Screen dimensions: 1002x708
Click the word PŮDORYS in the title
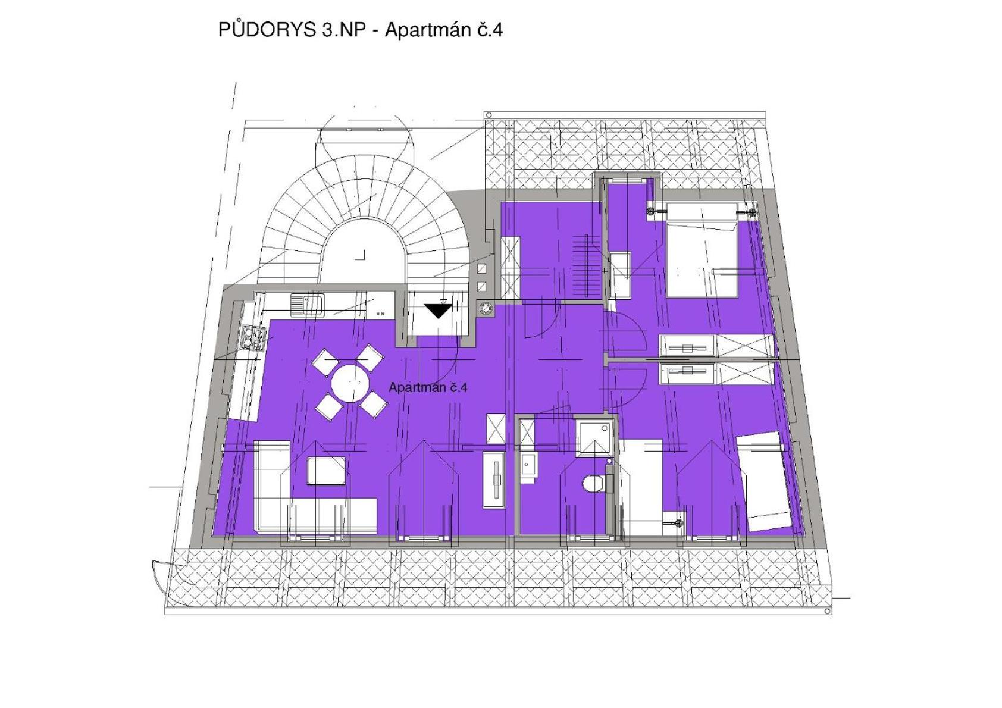click(267, 29)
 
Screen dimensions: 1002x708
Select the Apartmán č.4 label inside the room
click(428, 387)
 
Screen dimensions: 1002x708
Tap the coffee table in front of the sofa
click(325, 471)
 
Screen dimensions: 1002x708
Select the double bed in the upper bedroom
click(702, 249)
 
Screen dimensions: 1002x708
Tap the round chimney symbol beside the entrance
click(486, 308)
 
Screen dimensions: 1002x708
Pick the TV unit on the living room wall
click(494, 480)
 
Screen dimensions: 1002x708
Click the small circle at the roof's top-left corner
click(489, 115)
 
